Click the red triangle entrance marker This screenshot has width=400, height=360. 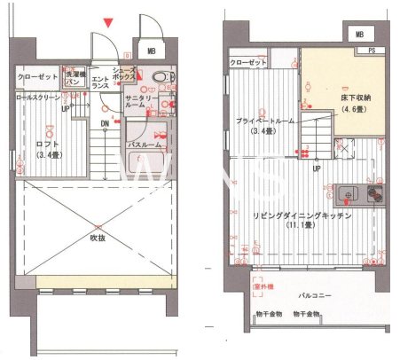(x=108, y=21)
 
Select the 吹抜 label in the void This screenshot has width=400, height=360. (x=98, y=238)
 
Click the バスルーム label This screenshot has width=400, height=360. (x=143, y=143)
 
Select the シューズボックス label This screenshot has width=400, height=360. (x=124, y=74)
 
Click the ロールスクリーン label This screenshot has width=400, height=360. (x=39, y=95)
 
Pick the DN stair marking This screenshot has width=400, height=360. (x=106, y=123)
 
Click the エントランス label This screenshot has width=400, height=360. (x=100, y=84)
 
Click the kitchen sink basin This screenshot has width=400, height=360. (x=347, y=192)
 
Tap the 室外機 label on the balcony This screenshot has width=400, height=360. (x=264, y=286)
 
